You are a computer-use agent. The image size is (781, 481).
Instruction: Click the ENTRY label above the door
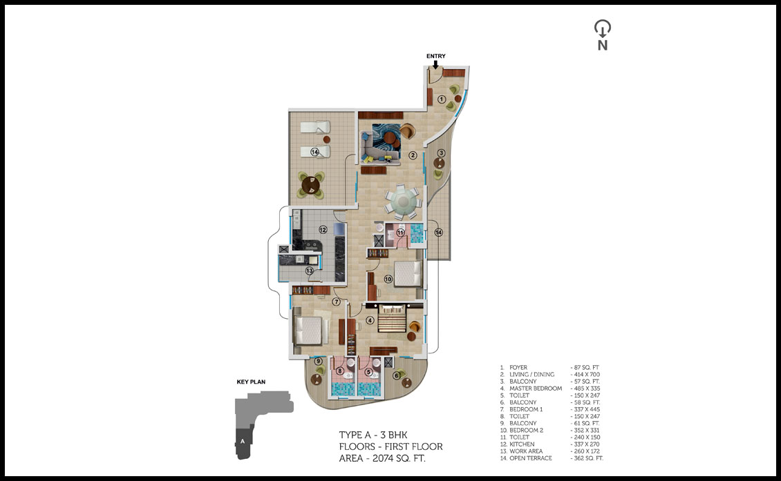pos(436,56)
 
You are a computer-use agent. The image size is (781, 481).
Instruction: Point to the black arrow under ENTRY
pos(436,64)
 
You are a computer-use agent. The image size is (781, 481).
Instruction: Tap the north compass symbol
pos(603,35)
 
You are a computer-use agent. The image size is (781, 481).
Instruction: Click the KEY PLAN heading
pos(251,382)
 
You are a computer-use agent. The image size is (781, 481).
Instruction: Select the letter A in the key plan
pos(243,441)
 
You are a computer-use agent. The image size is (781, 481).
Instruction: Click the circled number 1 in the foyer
pos(442,99)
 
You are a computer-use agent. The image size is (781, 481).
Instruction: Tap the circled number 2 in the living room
pos(413,155)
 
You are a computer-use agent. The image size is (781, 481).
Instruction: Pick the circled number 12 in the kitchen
pos(323,230)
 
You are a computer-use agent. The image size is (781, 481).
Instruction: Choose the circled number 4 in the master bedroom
pos(370,321)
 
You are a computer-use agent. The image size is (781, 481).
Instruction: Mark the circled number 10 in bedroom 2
pos(388,279)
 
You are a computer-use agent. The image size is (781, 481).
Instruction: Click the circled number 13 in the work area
pos(310,271)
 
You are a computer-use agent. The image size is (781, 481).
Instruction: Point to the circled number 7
pos(336,302)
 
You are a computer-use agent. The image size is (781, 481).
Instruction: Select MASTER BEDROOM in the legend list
pos(536,389)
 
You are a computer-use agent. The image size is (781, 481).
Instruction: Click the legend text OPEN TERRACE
pos(531,458)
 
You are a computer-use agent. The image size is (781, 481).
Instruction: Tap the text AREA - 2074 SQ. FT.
pos(382,459)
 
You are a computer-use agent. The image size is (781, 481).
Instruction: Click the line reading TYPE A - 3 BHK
pos(373,435)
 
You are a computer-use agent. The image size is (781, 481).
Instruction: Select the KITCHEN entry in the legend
pos(522,444)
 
